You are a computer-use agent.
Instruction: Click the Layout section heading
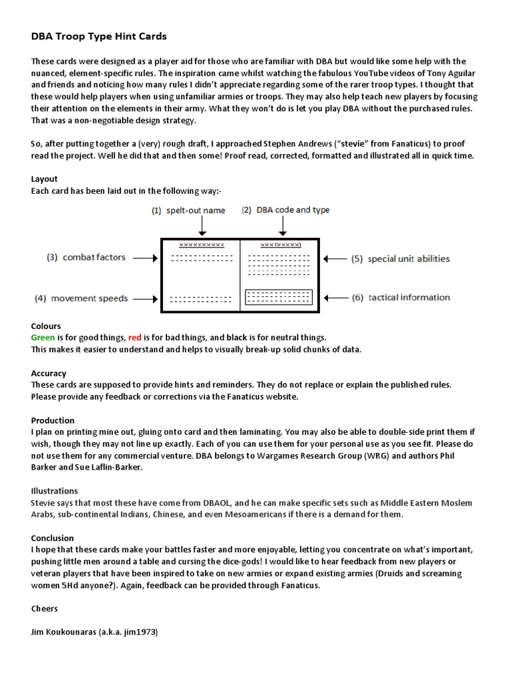(45, 179)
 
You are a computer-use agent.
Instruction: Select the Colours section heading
(46, 326)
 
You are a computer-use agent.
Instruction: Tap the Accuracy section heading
(49, 374)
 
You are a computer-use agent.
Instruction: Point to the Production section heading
(53, 420)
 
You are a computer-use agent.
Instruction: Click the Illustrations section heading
(55, 491)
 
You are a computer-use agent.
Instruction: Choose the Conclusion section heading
(53, 537)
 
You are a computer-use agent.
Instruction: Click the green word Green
(44, 338)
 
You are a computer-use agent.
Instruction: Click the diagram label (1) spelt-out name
(188, 210)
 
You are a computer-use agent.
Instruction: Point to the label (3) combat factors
(86, 257)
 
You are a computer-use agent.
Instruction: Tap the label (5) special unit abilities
(401, 258)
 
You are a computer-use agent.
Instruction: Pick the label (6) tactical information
(401, 298)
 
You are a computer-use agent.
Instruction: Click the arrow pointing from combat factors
(144, 257)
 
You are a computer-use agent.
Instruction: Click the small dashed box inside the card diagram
(278, 298)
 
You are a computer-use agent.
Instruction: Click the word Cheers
(45, 608)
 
